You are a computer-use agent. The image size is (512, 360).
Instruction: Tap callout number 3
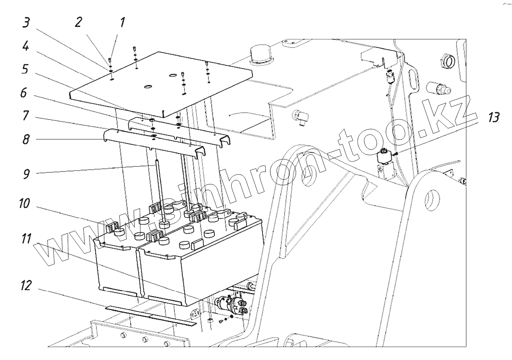[x=26, y=23]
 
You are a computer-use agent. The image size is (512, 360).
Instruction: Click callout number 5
[x=26, y=70]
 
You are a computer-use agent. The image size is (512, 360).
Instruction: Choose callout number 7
[x=26, y=117]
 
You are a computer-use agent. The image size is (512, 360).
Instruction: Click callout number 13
[x=494, y=117]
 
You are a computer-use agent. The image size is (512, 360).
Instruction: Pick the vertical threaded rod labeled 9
[x=159, y=188]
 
